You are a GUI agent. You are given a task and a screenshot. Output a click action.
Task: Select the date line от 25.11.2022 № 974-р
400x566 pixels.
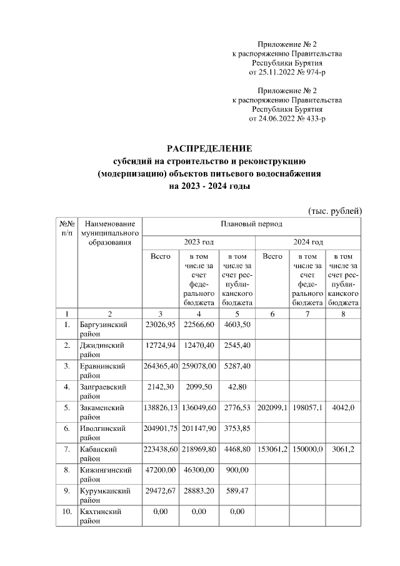coord(287,73)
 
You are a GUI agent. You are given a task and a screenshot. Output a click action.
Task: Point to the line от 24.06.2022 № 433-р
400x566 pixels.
coord(287,118)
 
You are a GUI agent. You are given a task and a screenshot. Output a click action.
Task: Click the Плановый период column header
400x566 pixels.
coord(251,223)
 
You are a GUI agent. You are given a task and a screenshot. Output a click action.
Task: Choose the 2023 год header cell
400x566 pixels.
coord(199,241)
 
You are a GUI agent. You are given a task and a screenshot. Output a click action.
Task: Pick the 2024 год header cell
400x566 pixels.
coord(308,241)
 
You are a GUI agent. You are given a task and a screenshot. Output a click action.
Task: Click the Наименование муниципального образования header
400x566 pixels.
coord(109,233)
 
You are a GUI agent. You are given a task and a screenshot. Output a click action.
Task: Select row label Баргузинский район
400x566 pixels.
coord(104,330)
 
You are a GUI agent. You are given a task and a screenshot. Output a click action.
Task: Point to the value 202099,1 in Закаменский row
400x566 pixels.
coord(272,408)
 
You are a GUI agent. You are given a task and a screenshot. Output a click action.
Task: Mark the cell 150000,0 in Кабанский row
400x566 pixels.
coord(307,449)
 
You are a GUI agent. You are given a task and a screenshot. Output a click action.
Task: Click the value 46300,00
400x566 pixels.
coord(199,470)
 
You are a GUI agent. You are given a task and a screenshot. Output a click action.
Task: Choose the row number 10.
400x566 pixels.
coord(66,512)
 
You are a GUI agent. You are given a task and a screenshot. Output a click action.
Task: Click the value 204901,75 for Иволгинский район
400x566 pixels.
coord(161,428)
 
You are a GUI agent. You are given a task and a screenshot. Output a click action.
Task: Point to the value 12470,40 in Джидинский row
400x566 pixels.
coord(199,345)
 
